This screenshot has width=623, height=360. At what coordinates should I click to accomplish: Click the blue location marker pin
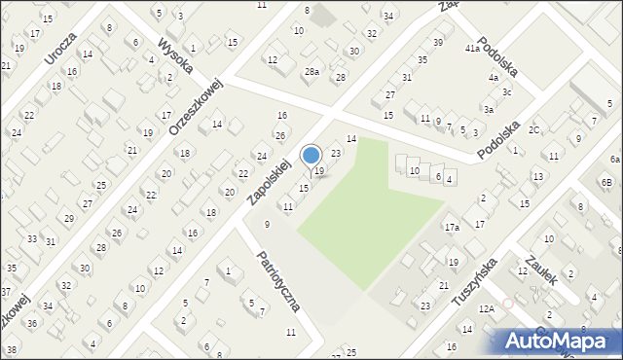311,156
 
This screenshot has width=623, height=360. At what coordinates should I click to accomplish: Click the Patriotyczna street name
278,281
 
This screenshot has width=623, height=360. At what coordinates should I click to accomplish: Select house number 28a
311,72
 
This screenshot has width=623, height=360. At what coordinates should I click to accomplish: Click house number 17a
452,228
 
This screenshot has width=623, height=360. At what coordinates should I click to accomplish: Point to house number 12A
486,308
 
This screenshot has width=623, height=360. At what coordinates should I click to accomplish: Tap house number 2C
534,130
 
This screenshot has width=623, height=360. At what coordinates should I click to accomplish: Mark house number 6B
605,183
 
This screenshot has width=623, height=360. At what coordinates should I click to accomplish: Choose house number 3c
506,92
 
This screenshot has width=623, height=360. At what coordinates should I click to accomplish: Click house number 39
438,43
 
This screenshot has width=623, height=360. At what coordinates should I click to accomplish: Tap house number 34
388,17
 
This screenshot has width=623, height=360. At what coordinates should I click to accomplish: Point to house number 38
12,349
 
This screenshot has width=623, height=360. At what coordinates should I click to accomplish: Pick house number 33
32,239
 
